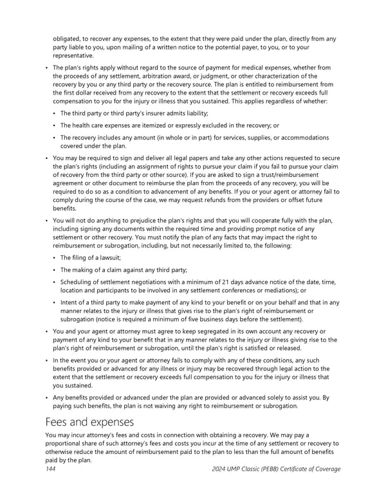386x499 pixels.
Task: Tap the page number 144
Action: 51,469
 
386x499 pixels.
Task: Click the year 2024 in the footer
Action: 221,469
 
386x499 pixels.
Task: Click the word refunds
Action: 238,200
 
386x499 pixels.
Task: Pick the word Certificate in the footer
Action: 303,469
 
